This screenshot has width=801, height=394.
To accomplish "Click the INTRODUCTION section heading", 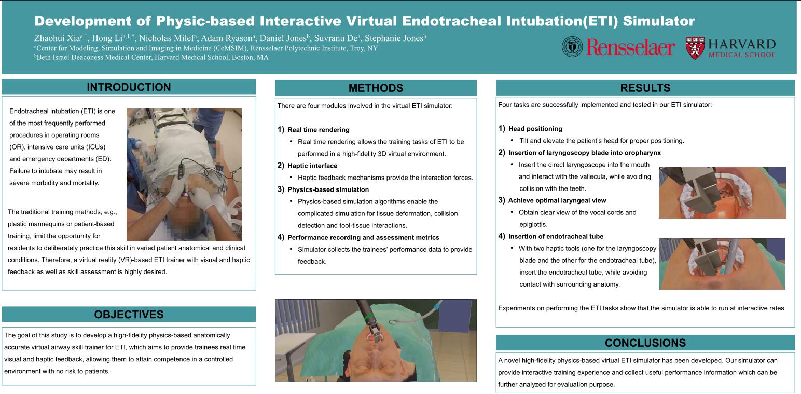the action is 129,87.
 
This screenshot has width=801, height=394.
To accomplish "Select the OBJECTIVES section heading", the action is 129,314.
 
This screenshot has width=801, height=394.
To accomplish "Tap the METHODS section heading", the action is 376,88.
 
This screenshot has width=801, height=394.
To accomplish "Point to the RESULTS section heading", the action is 645,88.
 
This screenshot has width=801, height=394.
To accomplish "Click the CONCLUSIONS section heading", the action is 645,343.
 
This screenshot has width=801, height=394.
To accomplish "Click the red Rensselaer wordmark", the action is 630,48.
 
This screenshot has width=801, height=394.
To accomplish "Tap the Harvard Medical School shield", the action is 695,48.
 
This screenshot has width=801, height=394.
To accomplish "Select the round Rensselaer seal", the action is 572,47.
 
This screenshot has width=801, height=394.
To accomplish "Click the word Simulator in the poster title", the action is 659,21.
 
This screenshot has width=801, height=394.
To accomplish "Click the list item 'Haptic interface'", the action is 312,166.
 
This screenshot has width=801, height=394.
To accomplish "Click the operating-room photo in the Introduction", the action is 184,174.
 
